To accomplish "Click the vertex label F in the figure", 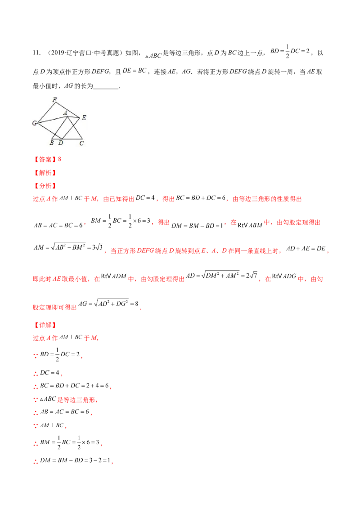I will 54,101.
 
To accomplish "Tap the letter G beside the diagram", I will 34,123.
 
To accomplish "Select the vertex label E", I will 84,118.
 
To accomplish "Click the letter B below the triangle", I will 52,143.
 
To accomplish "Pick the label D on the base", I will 61,143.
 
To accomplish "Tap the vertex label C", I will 81,143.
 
